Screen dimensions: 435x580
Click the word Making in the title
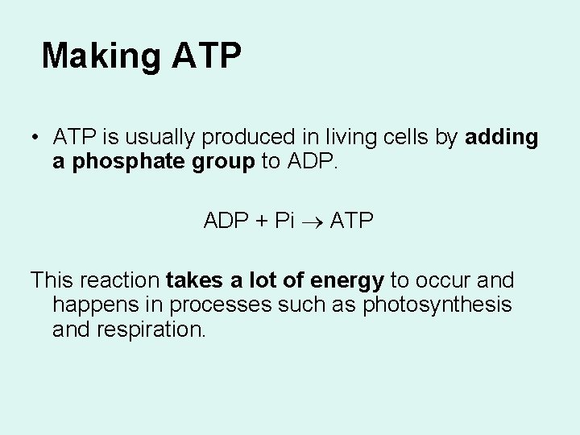click(101, 56)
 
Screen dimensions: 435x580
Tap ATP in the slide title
click(206, 56)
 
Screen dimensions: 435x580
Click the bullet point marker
click(37, 138)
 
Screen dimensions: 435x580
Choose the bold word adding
click(502, 139)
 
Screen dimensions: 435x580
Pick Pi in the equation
click(285, 221)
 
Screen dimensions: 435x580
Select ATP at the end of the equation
click(352, 221)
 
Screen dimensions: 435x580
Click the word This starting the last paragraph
click(54, 281)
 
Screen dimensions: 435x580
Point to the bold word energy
click(348, 281)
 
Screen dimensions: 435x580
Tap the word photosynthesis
click(437, 305)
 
